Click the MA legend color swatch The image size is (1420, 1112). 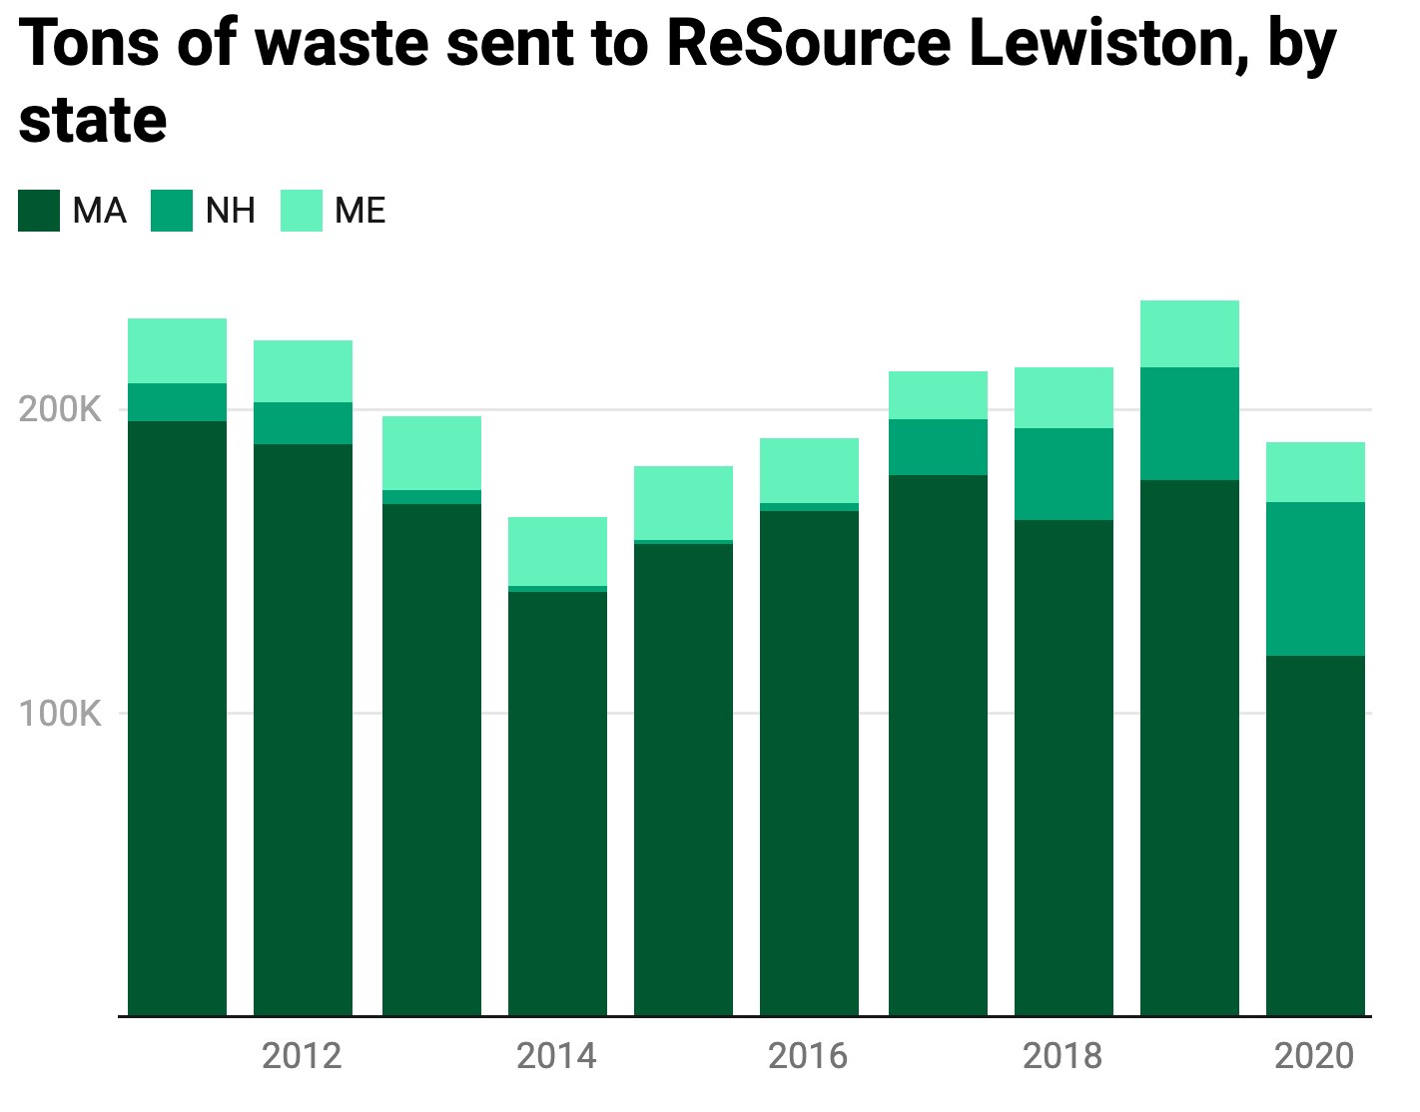click(39, 211)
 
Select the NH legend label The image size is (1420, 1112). click(231, 211)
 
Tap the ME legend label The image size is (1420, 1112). click(360, 211)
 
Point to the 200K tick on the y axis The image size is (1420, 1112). click(60, 409)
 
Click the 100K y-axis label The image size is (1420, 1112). click(60, 714)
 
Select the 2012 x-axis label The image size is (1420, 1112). click(302, 1056)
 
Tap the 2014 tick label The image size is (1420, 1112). click(556, 1056)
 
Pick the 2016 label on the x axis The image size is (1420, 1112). click(808, 1056)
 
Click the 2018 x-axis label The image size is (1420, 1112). click(1063, 1056)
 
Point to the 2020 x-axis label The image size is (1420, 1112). click(1314, 1056)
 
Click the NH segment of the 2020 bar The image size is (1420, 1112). click(1315, 579)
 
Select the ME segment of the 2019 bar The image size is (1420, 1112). click(1189, 333)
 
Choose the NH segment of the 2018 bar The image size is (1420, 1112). click(1064, 474)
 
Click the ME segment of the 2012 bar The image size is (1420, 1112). click(303, 371)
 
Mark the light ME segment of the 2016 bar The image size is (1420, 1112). click(809, 470)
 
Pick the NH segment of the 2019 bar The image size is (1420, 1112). click(1189, 423)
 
